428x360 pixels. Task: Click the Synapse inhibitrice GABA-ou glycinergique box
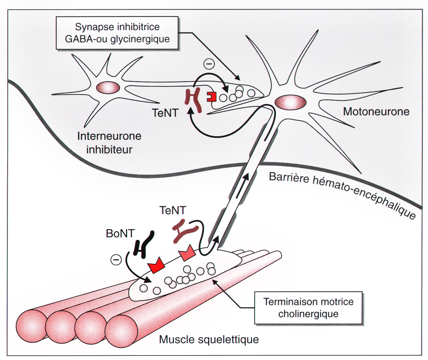pos(117,33)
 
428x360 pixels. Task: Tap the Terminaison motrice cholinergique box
pos(308,308)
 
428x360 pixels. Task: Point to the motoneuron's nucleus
pos(290,102)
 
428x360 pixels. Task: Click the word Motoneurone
pos(376,112)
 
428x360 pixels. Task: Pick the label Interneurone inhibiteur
pos(109,143)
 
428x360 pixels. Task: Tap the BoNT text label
pos(120,233)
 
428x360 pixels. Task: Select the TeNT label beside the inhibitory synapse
pos(165,113)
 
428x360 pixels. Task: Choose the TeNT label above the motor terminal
pos(173,210)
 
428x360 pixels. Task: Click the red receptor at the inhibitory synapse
pos(212,97)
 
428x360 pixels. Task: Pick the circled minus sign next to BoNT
pos(116,260)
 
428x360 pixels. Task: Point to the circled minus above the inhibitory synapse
pos(209,64)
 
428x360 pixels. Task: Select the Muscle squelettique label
pos(209,339)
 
